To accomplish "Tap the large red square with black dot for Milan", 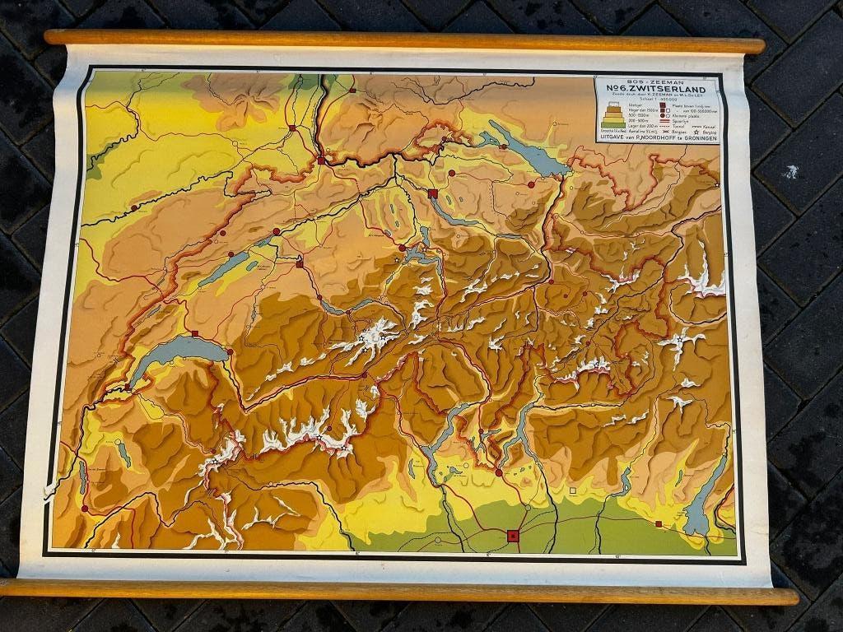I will (x=513, y=536).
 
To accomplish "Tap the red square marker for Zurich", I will (x=433, y=193).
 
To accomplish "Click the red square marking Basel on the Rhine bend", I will (x=322, y=160).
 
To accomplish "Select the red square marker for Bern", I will (x=300, y=264).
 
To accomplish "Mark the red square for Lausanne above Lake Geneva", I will (x=196, y=334).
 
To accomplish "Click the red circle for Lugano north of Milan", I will (x=499, y=472).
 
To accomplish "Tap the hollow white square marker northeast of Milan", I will (x=573, y=491).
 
